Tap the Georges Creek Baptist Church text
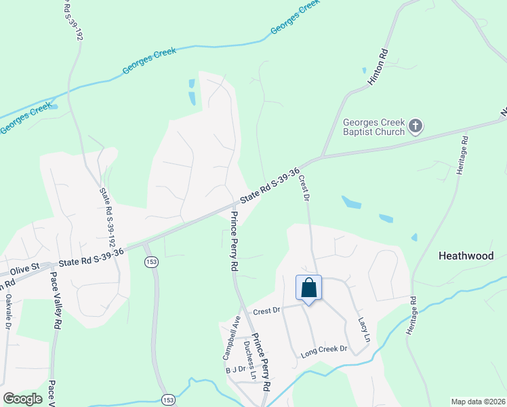(x=373, y=127)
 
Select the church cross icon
(x=416, y=125)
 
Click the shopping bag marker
(x=308, y=288)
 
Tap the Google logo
(x=22, y=398)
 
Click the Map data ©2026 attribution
(x=478, y=402)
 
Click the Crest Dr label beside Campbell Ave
(x=266, y=311)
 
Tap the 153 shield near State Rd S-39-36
(x=150, y=263)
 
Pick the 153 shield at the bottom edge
(x=166, y=400)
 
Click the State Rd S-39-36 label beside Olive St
(x=91, y=257)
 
